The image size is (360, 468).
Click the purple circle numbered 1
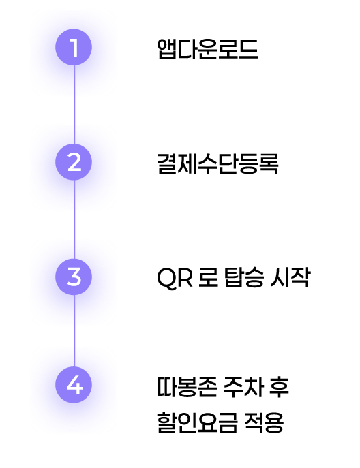point(74,47)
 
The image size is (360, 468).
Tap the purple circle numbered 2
point(74,162)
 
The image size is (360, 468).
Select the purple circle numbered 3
point(74,277)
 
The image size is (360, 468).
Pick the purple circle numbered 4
point(74,385)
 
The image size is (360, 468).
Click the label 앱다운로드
point(208,49)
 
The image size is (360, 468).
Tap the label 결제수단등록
point(217,163)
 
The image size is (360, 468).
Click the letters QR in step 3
point(175,278)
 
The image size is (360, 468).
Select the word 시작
point(290,277)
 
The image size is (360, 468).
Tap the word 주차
point(243,387)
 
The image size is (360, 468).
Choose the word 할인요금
point(197,422)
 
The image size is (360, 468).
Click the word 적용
point(263,422)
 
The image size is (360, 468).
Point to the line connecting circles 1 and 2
point(74,105)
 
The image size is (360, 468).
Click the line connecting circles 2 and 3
point(74,219)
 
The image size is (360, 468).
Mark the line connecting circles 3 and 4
point(74,331)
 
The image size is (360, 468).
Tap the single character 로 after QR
point(208,277)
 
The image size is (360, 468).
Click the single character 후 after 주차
point(280,387)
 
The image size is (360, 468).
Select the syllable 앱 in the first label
point(167,49)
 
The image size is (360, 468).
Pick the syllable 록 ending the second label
point(269,163)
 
